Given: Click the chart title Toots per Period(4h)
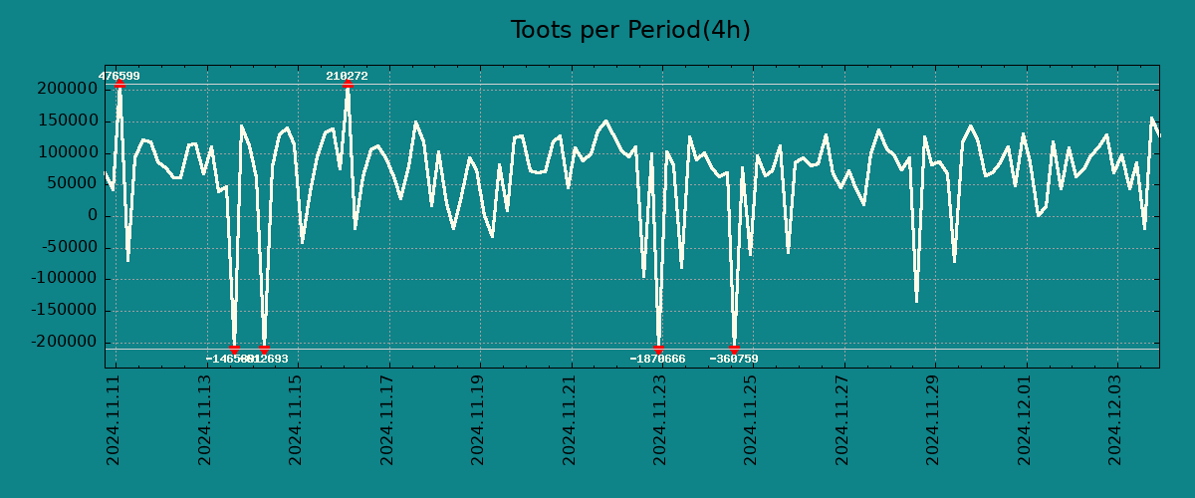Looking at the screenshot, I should click(x=629, y=31).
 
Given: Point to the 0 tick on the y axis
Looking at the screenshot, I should click(x=93, y=216).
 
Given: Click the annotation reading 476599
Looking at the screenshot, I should click(x=119, y=76).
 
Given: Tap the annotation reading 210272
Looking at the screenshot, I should click(x=347, y=76).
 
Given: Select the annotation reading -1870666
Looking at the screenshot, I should click(x=657, y=359).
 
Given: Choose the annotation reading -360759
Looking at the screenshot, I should click(x=734, y=359).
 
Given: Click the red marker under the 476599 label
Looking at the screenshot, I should click(x=119, y=84).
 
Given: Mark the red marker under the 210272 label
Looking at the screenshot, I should click(x=347, y=84).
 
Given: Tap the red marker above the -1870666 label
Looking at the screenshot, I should click(x=658, y=349).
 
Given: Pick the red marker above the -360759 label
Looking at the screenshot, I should click(x=734, y=349).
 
